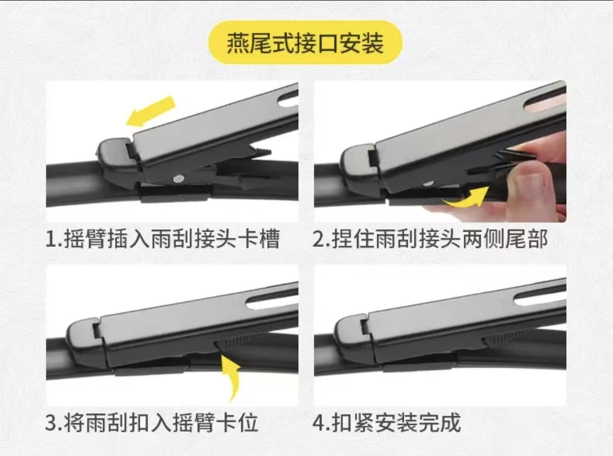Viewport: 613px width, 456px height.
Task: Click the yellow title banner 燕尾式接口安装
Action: (x=306, y=43)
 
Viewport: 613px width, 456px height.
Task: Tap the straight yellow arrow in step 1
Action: (x=150, y=111)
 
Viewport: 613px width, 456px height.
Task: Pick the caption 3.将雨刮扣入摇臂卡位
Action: (x=152, y=423)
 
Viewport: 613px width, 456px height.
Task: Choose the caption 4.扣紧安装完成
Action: (x=387, y=423)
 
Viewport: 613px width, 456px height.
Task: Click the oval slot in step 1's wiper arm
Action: (x=288, y=99)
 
